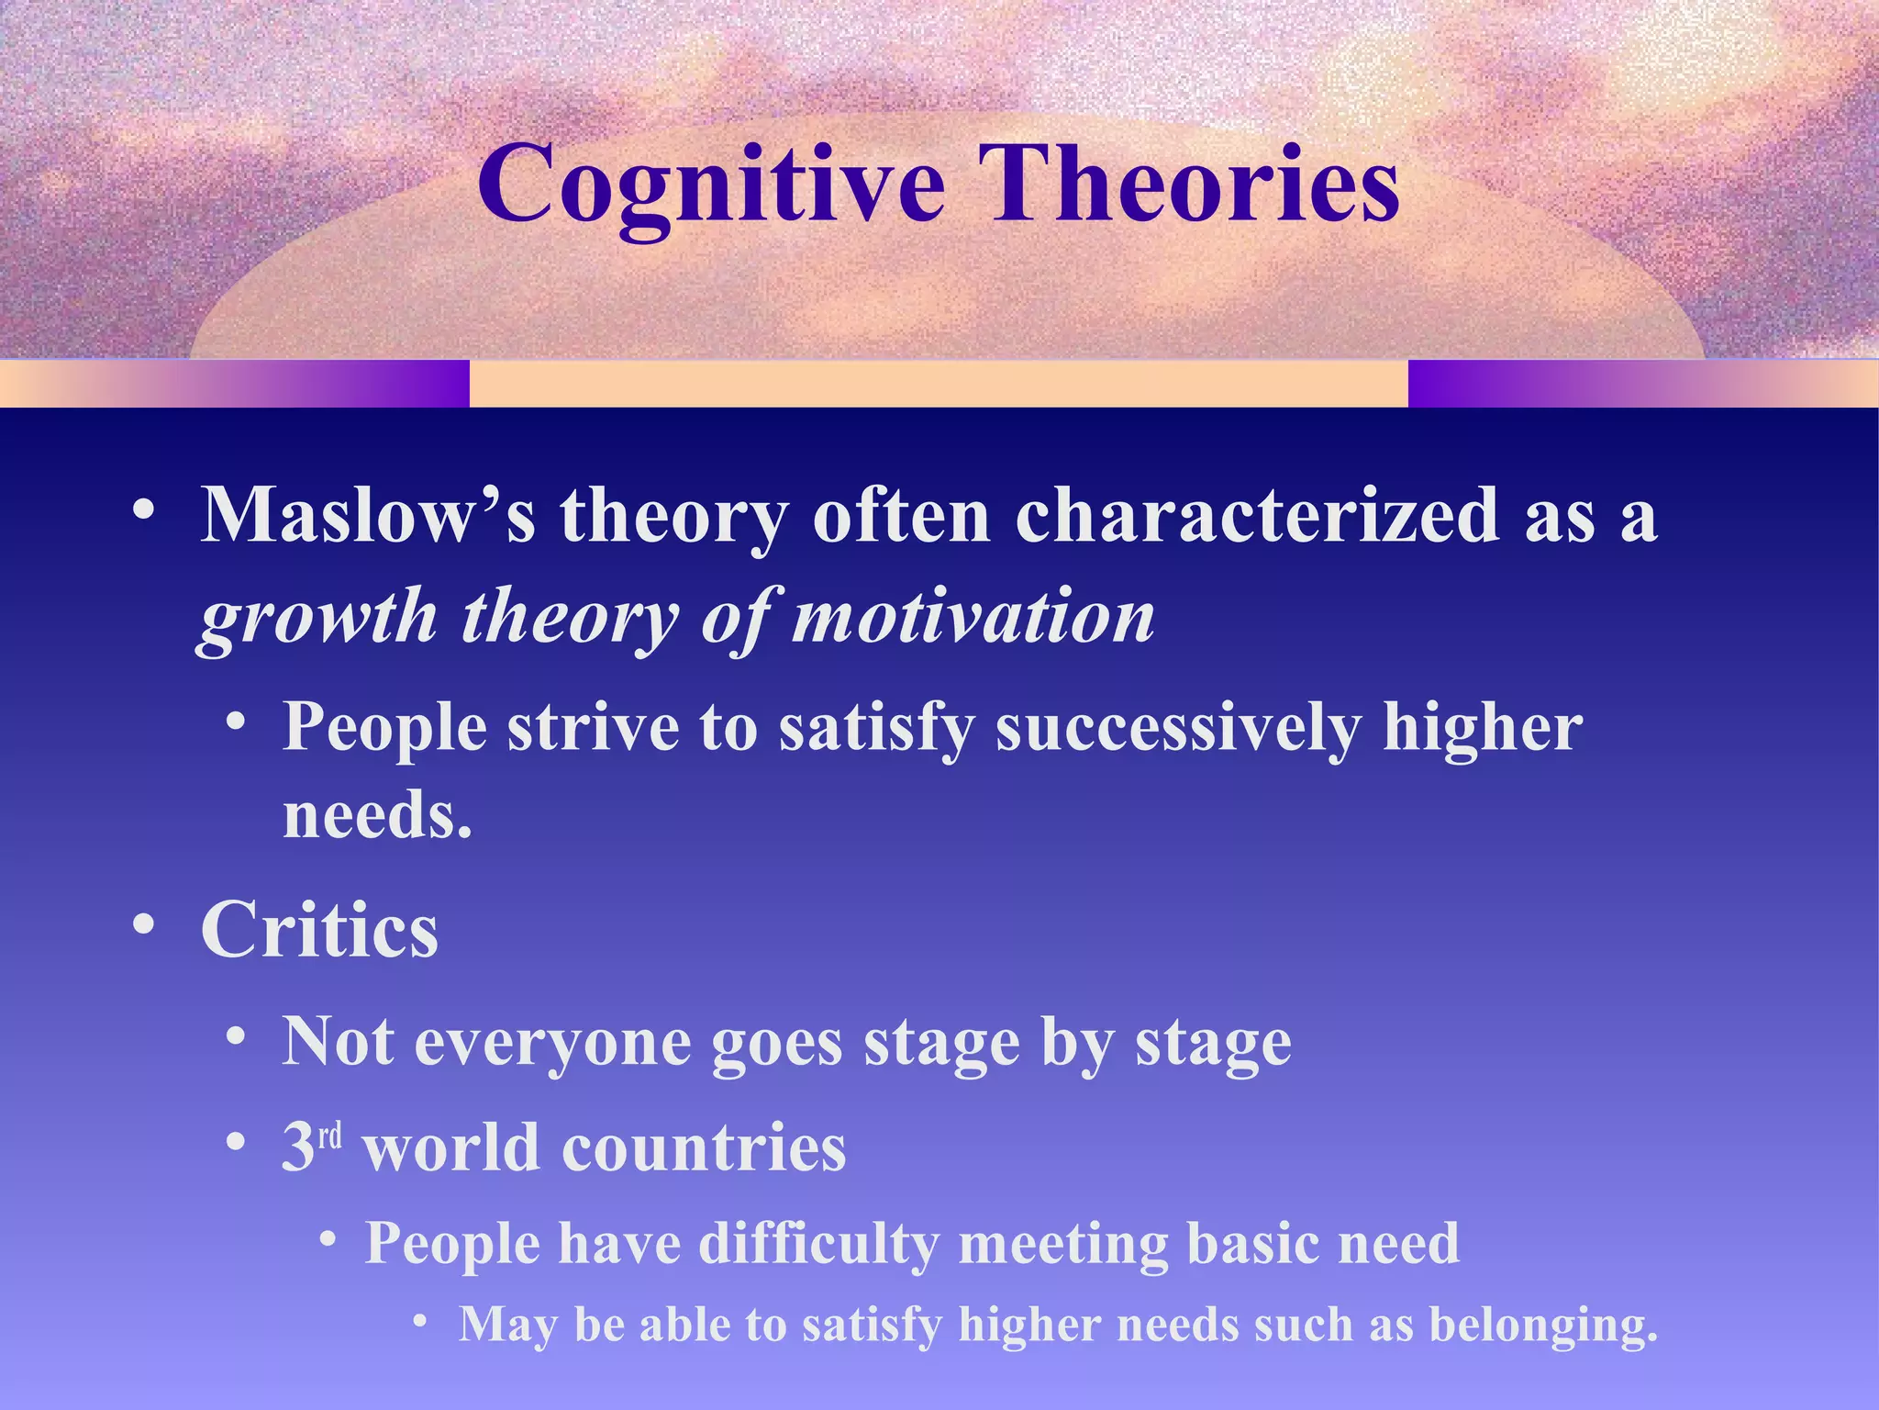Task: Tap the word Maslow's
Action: [367, 516]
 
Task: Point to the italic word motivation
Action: [973, 617]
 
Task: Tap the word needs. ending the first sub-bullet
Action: [377, 815]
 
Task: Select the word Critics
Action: [319, 931]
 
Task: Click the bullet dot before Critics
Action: [143, 925]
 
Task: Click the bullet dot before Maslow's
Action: [143, 509]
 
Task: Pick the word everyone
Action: [552, 1044]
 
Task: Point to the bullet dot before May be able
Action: [420, 1321]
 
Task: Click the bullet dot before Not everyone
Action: [236, 1037]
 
